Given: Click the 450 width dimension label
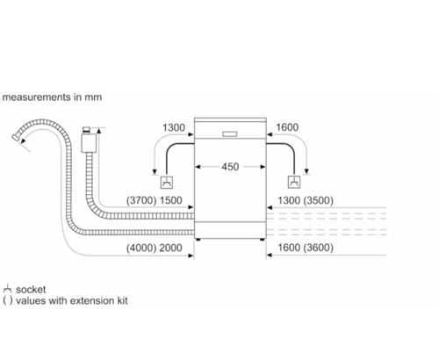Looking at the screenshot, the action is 230,167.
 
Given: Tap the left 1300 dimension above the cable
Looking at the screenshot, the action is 174,127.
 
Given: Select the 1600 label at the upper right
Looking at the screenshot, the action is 287,127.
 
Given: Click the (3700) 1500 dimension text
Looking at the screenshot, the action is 155,200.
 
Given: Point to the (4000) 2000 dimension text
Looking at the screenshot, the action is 155,248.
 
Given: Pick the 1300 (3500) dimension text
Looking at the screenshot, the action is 306,200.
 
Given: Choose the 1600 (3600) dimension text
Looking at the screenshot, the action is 306,248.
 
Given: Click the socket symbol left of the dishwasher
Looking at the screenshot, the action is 167,183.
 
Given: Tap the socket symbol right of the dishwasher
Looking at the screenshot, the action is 294,182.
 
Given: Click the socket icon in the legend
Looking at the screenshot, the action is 7,289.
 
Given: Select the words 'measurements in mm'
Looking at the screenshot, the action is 52,97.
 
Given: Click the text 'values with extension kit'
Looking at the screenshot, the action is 72,300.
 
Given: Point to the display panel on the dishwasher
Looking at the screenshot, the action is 230,134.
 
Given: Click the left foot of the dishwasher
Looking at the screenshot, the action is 198,240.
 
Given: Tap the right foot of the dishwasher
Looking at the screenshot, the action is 262,240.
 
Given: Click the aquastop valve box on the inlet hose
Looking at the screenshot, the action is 89,143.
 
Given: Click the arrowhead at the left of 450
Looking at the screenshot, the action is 198,167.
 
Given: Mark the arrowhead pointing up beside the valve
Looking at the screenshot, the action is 98,131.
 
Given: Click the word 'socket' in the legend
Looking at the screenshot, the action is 31,290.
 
